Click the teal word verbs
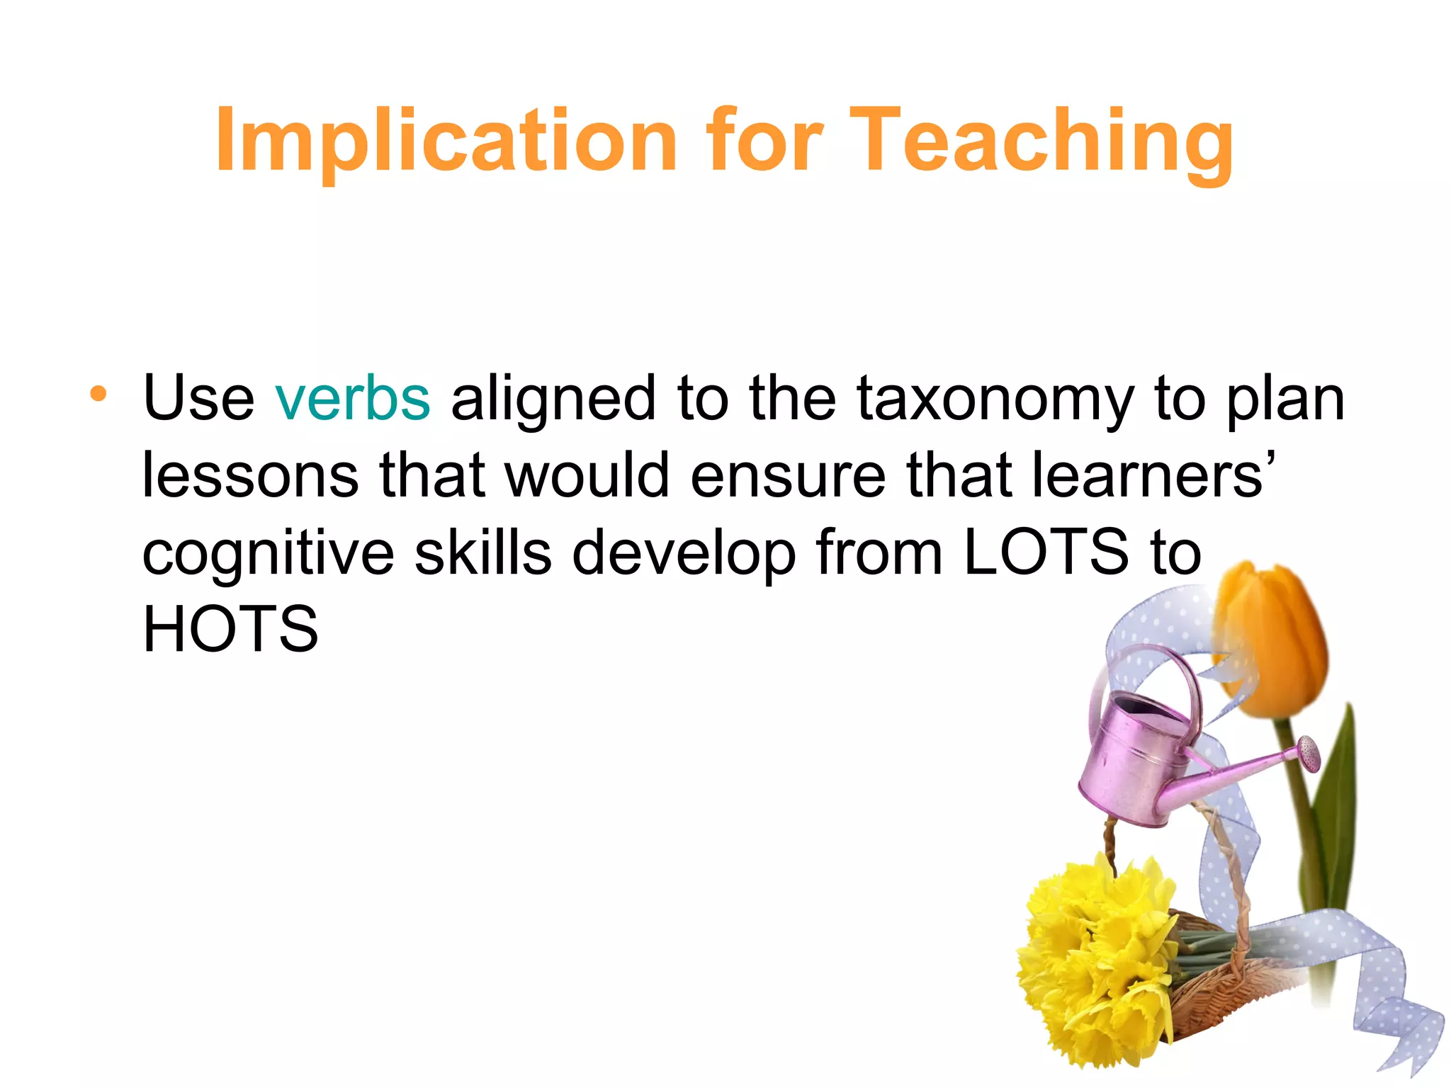(352, 399)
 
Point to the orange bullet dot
(98, 394)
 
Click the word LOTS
(1046, 552)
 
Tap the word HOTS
(230, 629)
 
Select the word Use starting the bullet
(198, 399)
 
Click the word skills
(482, 552)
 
